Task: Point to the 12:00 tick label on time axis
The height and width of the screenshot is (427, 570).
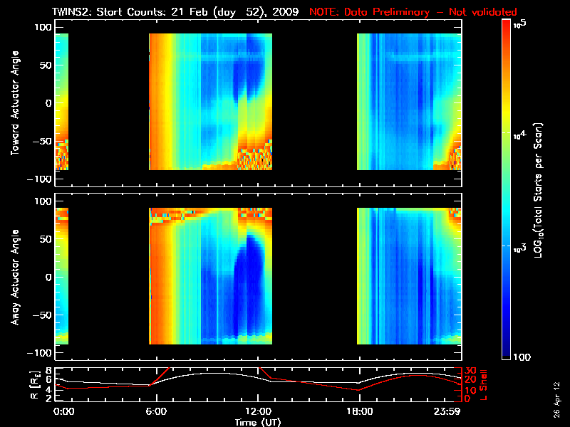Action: (x=257, y=411)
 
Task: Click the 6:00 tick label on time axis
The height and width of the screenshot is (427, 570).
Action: (x=155, y=411)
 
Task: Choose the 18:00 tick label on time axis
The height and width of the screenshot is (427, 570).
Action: (x=359, y=411)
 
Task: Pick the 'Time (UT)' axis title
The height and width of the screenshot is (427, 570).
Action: (x=257, y=421)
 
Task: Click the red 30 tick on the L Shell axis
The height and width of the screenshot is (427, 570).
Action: (x=470, y=371)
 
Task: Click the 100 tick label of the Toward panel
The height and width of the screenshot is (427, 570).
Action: (x=43, y=26)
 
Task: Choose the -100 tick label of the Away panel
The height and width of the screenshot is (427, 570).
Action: (x=39, y=354)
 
